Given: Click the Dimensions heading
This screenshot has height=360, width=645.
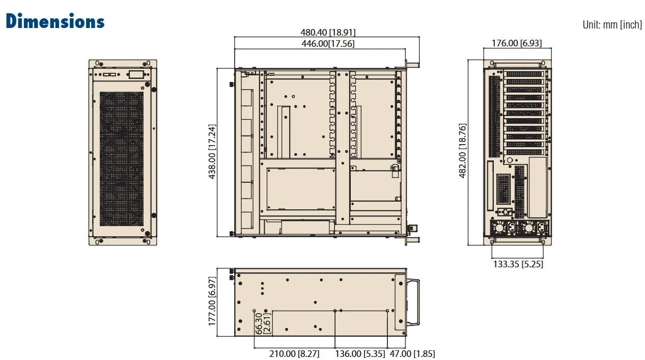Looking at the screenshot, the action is click(x=55, y=21).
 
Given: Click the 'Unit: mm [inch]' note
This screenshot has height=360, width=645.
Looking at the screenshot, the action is click(x=612, y=25).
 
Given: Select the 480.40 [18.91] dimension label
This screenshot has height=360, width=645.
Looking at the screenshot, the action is click(x=328, y=32).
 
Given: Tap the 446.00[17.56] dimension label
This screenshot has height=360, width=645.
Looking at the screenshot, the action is click(x=328, y=44).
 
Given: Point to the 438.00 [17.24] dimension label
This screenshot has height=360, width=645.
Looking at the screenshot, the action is click(x=212, y=152).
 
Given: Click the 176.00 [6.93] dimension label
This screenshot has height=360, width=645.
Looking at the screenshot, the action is click(x=517, y=43).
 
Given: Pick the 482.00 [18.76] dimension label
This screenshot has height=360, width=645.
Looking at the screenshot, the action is click(x=462, y=151).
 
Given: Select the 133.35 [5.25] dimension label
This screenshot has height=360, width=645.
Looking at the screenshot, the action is click(x=518, y=264).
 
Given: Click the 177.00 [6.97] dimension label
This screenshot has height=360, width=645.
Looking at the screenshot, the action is click(x=212, y=301).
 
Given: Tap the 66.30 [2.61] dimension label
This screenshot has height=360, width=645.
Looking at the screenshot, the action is click(x=263, y=323).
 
